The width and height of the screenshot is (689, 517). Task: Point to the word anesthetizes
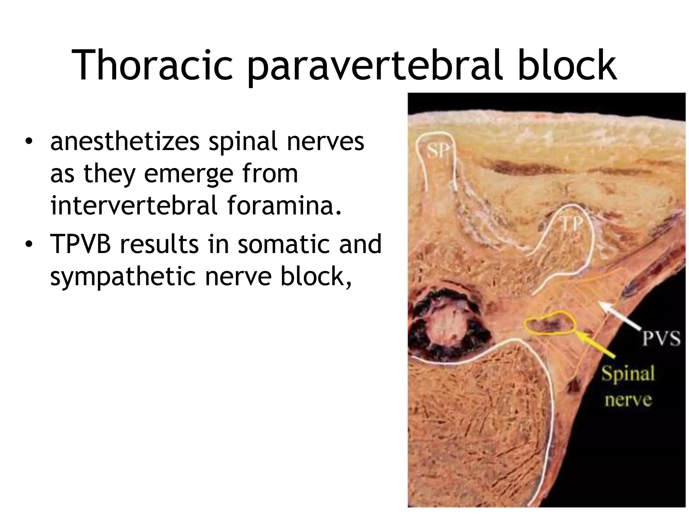(124, 141)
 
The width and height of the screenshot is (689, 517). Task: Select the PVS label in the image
(661, 338)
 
